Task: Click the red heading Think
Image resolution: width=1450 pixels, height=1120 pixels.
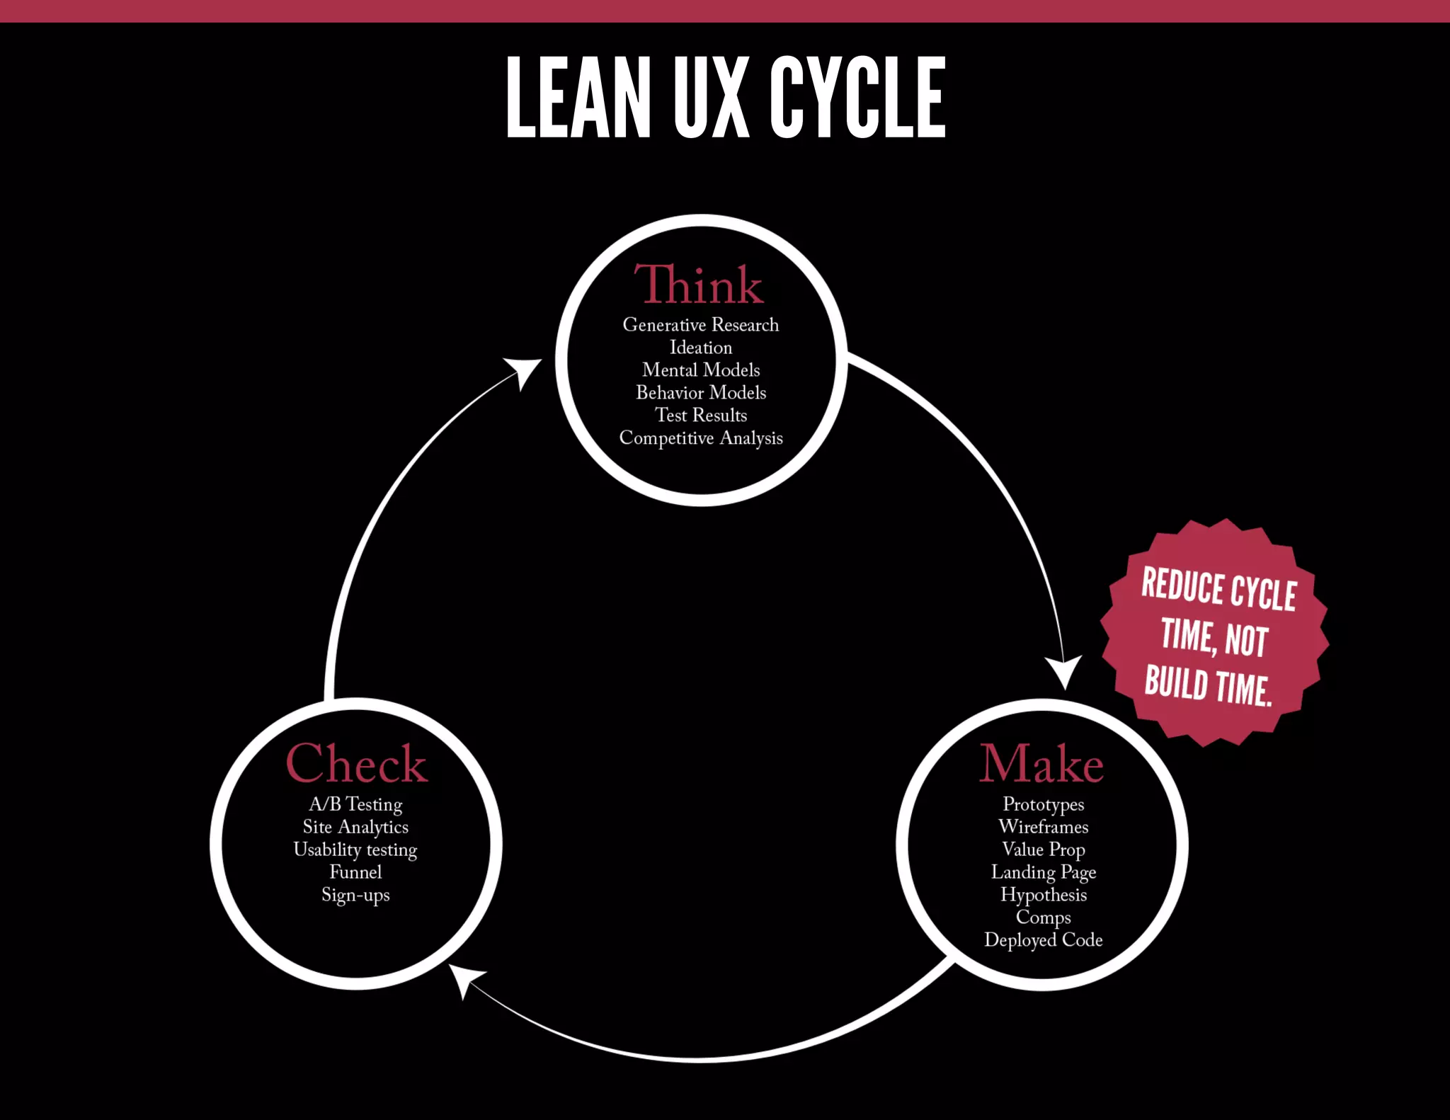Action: click(699, 285)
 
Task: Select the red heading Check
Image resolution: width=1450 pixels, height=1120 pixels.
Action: click(357, 764)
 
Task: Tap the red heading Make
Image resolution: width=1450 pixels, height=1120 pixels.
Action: click(1041, 764)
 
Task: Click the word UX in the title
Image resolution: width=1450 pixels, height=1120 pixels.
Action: click(711, 98)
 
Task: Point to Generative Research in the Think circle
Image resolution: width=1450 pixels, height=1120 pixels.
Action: click(701, 325)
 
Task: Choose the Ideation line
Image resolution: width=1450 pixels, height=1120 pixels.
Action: click(701, 348)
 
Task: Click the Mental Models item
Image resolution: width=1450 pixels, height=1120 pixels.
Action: click(701, 370)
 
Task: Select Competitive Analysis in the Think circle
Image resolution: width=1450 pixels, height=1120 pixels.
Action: click(701, 438)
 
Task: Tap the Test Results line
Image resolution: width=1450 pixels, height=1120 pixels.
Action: click(701, 416)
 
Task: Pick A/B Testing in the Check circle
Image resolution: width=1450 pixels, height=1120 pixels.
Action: click(355, 804)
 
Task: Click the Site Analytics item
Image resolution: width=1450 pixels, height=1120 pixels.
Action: click(355, 827)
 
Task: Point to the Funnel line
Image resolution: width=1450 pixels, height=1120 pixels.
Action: click(355, 872)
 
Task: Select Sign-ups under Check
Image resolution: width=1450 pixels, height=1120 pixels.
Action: click(355, 895)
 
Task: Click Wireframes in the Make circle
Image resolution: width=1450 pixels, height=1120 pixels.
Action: click(1044, 827)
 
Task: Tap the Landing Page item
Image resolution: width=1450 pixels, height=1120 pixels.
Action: click(1044, 872)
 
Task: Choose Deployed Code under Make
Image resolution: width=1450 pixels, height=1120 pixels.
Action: click(1044, 940)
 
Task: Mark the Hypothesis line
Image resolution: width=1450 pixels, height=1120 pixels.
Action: click(1044, 895)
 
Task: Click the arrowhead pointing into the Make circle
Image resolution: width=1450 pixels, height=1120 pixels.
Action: click(1064, 670)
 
